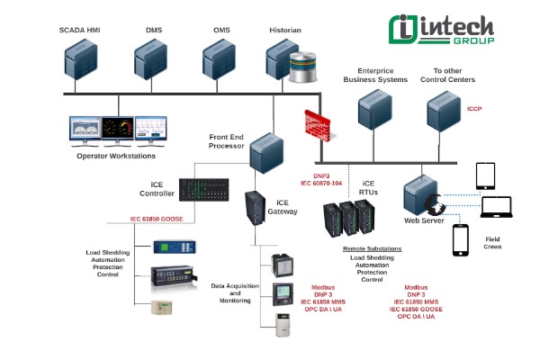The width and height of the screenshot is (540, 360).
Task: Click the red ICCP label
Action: point(474,109)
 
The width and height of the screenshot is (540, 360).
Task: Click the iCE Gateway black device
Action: point(256,210)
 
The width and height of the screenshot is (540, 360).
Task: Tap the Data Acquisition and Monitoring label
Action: point(236,292)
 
